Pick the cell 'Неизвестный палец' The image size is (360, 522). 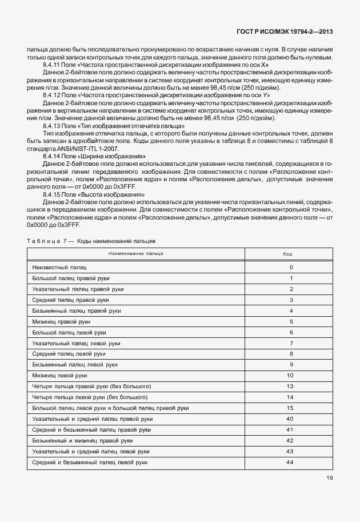coord(60,267)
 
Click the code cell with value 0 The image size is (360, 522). coord(291,267)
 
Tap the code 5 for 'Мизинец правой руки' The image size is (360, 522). coord(291,321)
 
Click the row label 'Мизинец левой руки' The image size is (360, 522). coord(60,376)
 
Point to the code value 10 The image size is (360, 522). coord(290,376)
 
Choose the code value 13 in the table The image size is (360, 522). coord(290,386)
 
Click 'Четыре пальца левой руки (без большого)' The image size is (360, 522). coord(90,397)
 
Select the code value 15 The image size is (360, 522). coord(290,408)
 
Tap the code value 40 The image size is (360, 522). coord(290,419)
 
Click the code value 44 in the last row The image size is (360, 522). coord(290,462)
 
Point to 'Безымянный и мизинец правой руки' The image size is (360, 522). coord(83,440)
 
